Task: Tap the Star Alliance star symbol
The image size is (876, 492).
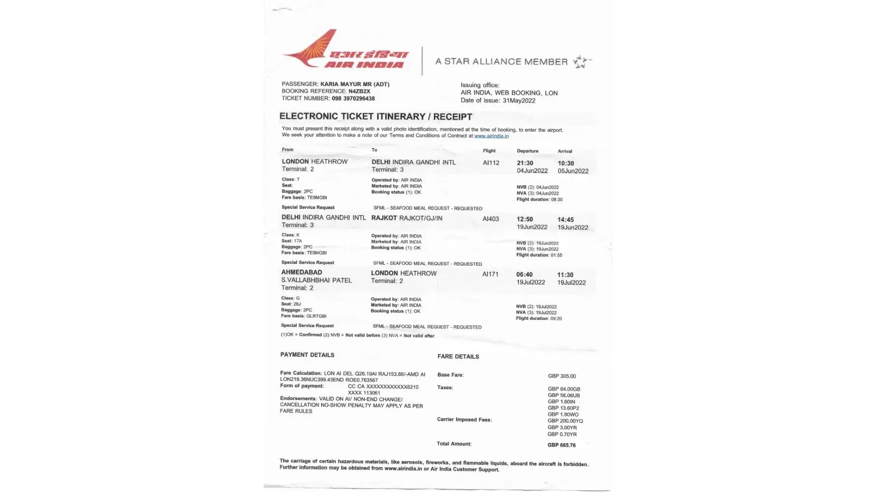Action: point(580,61)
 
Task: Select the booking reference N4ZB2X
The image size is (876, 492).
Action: point(359,92)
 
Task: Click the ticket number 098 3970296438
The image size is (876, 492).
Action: point(353,98)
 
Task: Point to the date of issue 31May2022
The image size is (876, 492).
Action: point(519,100)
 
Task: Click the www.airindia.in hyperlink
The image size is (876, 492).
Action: point(491,136)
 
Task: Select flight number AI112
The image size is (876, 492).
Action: point(491,163)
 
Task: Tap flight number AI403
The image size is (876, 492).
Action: point(490,219)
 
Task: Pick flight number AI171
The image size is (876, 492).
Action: point(490,274)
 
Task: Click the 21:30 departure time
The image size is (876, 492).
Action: point(525,163)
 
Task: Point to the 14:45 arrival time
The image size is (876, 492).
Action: point(565,220)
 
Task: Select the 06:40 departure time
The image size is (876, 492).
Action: point(524,275)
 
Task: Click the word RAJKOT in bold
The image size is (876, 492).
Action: point(384,218)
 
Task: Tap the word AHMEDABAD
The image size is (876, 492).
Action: point(302,272)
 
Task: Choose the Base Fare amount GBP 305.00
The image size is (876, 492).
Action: point(562,376)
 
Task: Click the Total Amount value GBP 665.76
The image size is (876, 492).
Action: point(561,445)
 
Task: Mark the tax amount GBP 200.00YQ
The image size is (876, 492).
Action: point(565,421)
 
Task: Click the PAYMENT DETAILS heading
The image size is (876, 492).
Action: point(307,355)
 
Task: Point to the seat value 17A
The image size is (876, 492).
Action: point(298,241)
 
